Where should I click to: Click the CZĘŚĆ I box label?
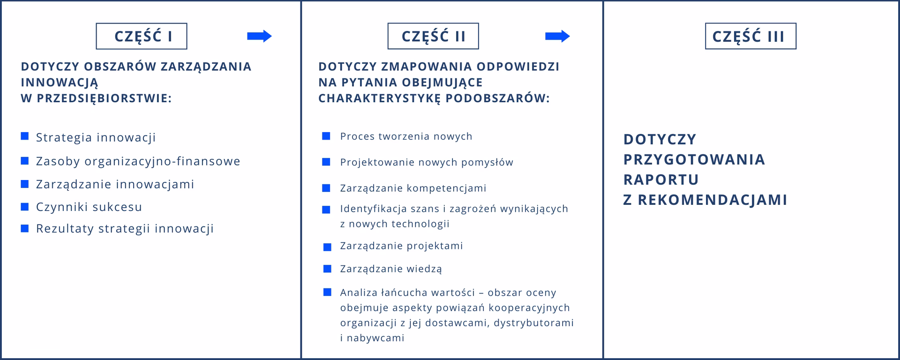pyautogui.click(x=142, y=37)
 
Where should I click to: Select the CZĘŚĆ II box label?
pyautogui.click(x=433, y=37)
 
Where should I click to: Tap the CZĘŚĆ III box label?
pyautogui.click(x=750, y=37)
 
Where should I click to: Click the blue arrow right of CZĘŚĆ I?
pyautogui.click(x=259, y=36)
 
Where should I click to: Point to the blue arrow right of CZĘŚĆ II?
pyautogui.click(x=557, y=36)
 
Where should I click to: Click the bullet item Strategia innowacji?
pyautogui.click(x=96, y=137)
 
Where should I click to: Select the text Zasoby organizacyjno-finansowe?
pyautogui.click(x=138, y=161)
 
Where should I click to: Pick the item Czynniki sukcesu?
pyautogui.click(x=89, y=207)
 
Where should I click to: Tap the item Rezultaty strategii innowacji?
pyautogui.click(x=125, y=229)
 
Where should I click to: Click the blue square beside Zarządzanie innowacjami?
pyautogui.click(x=25, y=184)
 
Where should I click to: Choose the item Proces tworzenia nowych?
pyautogui.click(x=406, y=136)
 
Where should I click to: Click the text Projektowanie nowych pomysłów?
pyautogui.click(x=427, y=162)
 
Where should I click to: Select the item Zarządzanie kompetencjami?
pyautogui.click(x=413, y=188)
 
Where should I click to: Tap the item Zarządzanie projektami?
pyautogui.click(x=401, y=246)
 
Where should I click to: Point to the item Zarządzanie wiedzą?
pyautogui.click(x=391, y=269)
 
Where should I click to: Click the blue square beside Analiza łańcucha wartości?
pyautogui.click(x=327, y=292)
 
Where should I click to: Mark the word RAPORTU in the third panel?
pyautogui.click(x=661, y=180)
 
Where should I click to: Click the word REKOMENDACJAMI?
pyautogui.click(x=712, y=200)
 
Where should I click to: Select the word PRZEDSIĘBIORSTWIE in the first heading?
pyautogui.click(x=103, y=98)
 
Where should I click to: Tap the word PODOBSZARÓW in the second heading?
pyautogui.click(x=497, y=98)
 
